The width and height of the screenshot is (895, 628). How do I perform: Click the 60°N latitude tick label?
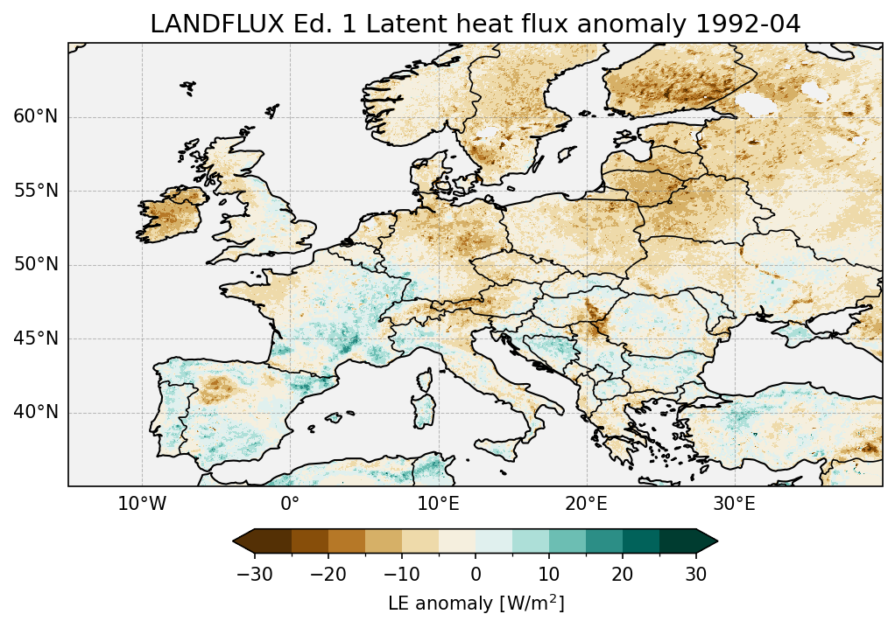pyautogui.click(x=35, y=117)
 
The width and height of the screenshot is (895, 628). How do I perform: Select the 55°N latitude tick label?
pyautogui.click(x=35, y=191)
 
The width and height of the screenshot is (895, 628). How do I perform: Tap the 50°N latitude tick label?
pyautogui.click(x=35, y=265)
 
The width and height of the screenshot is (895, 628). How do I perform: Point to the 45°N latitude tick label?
pyautogui.click(x=35, y=338)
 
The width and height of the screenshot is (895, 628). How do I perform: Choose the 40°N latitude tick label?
pyautogui.click(x=35, y=412)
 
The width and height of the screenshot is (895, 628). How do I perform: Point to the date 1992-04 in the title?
pyautogui.click(x=748, y=24)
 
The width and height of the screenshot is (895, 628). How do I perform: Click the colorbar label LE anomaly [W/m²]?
pyautogui.click(x=476, y=604)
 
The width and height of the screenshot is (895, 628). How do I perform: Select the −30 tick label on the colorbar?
pyautogui.click(x=255, y=574)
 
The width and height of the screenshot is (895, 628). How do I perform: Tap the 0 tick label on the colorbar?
pyautogui.click(x=476, y=574)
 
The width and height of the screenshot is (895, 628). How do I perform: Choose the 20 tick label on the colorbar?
pyautogui.click(x=623, y=574)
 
